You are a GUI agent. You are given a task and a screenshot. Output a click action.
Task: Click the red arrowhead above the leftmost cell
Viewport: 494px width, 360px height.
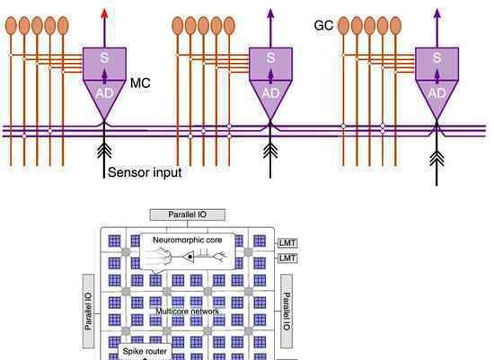(104, 13)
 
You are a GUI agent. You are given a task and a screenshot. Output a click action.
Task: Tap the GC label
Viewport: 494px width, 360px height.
(323, 25)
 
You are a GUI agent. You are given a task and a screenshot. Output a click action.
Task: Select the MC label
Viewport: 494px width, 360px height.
(140, 83)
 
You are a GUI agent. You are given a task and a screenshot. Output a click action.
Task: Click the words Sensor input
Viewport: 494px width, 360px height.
(145, 172)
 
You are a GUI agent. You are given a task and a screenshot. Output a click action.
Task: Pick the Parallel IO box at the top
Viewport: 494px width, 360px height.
(188, 215)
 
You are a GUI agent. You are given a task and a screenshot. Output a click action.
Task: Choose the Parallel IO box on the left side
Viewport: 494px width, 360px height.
(88, 312)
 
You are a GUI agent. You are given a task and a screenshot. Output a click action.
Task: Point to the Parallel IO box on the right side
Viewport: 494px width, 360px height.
(287, 312)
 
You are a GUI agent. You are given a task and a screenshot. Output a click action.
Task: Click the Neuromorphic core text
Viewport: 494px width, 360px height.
(188, 240)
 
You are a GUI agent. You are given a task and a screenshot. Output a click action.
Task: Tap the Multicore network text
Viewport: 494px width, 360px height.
(188, 312)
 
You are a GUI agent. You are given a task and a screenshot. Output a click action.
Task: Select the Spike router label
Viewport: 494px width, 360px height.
(145, 351)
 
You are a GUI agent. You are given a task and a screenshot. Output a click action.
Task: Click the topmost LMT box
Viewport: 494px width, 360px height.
(287, 242)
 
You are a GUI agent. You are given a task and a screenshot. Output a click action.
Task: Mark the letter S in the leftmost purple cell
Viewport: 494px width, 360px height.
(104, 58)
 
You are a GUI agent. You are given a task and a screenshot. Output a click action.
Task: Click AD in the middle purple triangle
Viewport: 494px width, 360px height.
(270, 93)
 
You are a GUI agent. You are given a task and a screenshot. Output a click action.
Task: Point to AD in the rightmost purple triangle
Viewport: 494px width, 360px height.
(437, 93)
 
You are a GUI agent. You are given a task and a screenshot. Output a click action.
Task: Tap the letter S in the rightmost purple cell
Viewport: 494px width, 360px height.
(437, 58)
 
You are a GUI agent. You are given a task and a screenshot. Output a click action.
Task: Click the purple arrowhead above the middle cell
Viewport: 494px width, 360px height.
(270, 13)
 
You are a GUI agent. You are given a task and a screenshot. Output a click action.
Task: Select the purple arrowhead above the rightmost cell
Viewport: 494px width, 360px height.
(437, 13)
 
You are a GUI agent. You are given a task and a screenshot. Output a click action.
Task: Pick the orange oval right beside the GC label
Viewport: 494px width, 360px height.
(344, 26)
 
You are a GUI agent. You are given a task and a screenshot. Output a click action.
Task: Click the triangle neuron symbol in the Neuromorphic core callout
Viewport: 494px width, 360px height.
(189, 257)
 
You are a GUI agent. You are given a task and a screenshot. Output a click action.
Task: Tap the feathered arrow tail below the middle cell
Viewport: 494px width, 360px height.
(270, 150)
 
